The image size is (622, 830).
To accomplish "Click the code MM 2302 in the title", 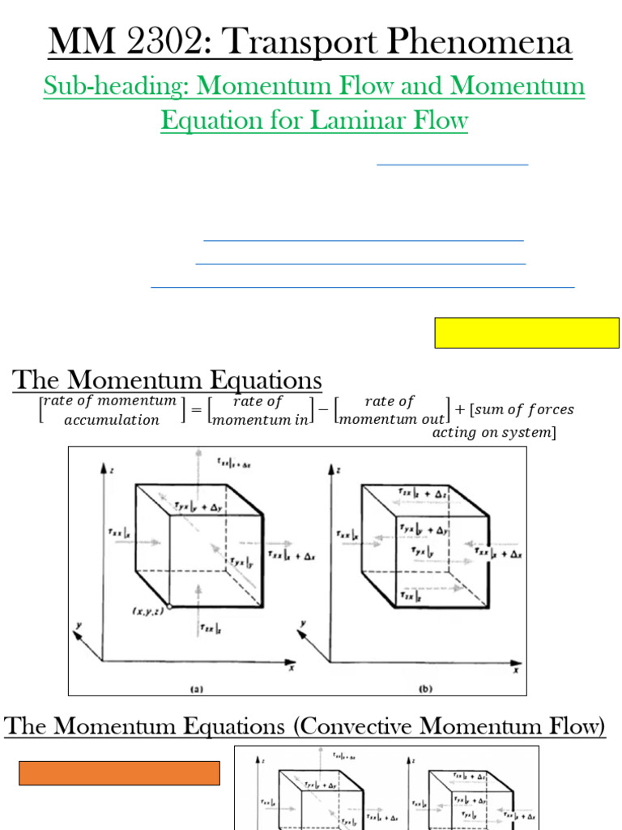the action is [x=113, y=43].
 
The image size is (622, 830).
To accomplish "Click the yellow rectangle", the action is [x=526, y=333].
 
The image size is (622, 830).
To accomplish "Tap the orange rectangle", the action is [x=119, y=773].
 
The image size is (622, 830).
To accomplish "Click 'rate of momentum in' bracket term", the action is [x=259, y=410].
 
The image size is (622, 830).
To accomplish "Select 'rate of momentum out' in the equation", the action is [x=392, y=410].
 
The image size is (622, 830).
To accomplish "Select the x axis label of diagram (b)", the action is [x=516, y=670].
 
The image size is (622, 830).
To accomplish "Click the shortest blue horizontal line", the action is [x=453, y=165].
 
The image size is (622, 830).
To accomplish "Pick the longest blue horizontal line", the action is [x=362, y=287].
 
